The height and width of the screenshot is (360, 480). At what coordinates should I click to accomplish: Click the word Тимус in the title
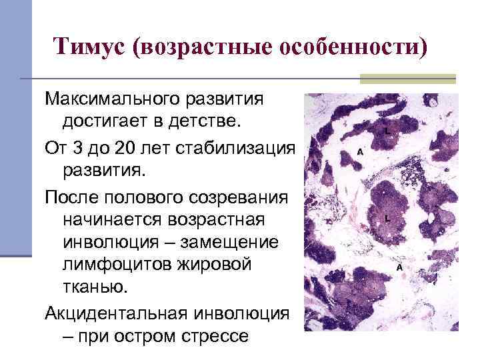pos(90,47)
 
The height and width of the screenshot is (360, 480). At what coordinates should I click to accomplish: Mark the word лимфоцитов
pos(114,265)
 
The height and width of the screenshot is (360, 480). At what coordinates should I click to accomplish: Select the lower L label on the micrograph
pos(387,218)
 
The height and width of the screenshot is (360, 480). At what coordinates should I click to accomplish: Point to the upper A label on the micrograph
pos(361,151)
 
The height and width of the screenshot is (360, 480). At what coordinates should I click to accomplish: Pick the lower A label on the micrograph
pos(399,267)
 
